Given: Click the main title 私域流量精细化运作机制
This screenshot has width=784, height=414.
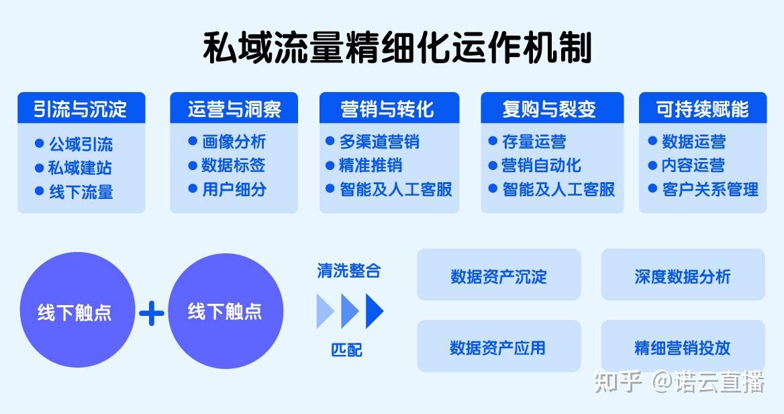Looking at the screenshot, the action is pos(397,48).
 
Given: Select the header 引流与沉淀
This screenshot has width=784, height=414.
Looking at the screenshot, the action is pos(81,108).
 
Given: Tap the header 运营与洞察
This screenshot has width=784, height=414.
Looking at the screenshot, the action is pos(234,108).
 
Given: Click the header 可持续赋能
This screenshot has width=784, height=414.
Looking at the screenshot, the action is pos(703,108).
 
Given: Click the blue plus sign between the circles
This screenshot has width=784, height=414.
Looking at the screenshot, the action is pos(152,313).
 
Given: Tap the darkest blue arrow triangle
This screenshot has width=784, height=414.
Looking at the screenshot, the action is pos(375,311).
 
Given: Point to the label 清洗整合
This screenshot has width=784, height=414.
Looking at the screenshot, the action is pos(349,271).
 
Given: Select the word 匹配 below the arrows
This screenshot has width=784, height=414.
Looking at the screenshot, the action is pos(347,349).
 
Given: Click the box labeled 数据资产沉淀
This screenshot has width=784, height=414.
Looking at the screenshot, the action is pos(499,275).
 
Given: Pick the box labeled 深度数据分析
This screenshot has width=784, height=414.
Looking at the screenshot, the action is pos(683,275).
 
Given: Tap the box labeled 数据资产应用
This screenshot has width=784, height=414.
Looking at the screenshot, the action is pos(499,346).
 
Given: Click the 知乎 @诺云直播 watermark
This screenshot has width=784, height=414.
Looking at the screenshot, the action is pos(679,382).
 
